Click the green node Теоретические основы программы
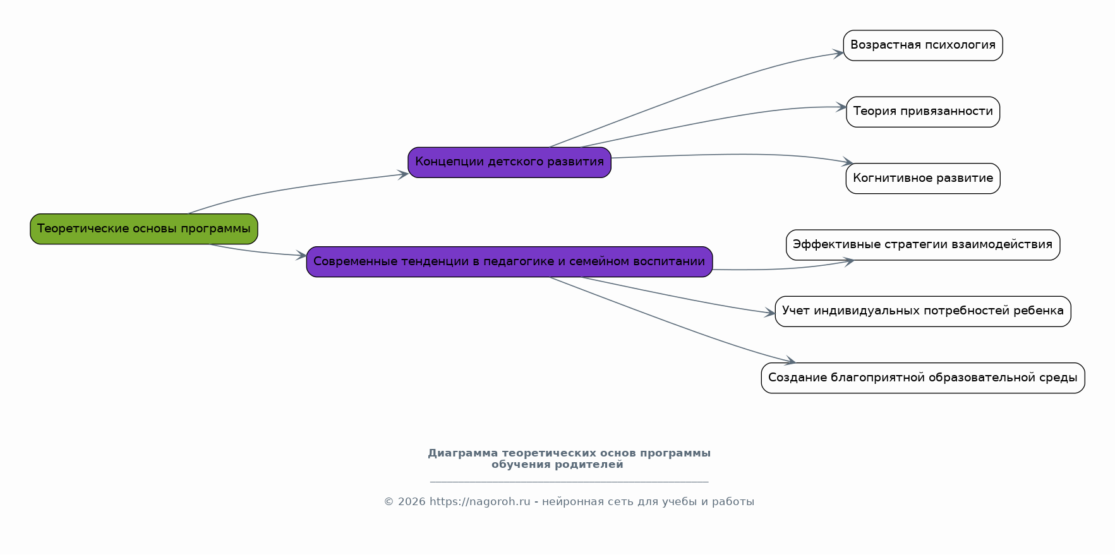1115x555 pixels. pyautogui.click(x=144, y=229)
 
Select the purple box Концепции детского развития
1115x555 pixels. pyautogui.click(x=510, y=162)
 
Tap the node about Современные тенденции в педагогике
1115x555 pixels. pyautogui.click(x=510, y=261)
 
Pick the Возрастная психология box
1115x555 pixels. pyautogui.click(x=923, y=45)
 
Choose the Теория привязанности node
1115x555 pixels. pyautogui.click(x=923, y=112)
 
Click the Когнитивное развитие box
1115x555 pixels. pyautogui.click(x=923, y=178)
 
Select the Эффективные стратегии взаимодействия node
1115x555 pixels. pyautogui.click(x=923, y=245)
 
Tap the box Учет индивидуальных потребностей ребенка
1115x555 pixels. pyautogui.click(x=923, y=311)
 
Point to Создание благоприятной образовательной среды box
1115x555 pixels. pyautogui.click(x=923, y=378)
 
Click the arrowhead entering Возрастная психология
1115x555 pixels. pyautogui.click(x=839, y=54)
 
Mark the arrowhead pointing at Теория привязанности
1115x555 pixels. pyautogui.click(x=841, y=107)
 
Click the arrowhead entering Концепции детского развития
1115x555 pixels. pyautogui.click(x=403, y=174)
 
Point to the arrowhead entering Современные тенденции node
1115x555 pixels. pyautogui.click(x=301, y=256)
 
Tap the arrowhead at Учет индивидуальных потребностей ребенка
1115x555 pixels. pyautogui.click(x=770, y=313)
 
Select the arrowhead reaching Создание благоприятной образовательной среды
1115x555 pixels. pyautogui.click(x=790, y=361)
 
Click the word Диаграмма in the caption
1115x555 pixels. pyautogui.click(x=463, y=453)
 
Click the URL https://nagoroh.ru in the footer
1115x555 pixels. pyautogui.click(x=480, y=502)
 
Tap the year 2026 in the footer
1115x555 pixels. pyautogui.click(x=412, y=502)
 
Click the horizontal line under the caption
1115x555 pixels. pyautogui.click(x=569, y=482)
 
